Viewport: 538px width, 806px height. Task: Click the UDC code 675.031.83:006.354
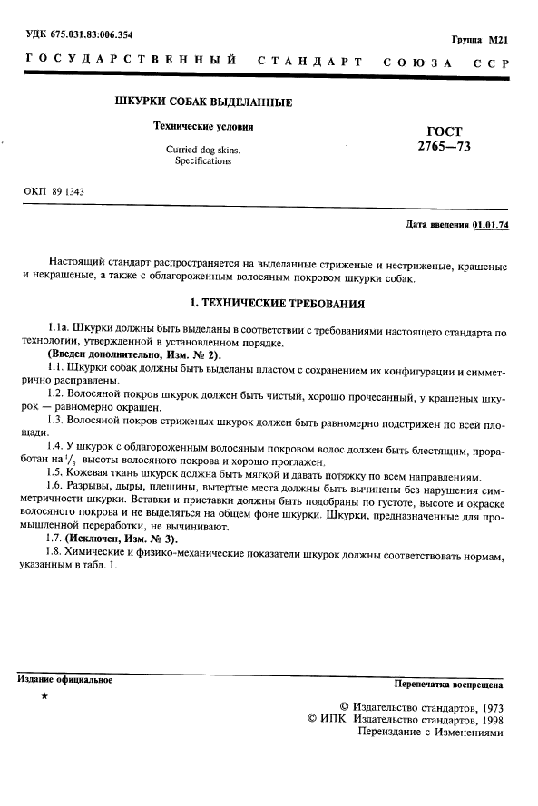87,34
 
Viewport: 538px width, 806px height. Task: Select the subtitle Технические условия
203,127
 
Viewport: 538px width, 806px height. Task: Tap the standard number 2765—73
444,146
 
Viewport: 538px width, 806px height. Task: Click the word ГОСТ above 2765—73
444,131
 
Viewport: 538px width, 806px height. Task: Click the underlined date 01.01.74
491,225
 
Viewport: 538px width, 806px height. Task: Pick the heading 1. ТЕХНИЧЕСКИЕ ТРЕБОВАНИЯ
269,304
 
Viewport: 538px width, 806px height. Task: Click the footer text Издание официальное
64,680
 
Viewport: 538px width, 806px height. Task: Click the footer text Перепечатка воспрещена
448,684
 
